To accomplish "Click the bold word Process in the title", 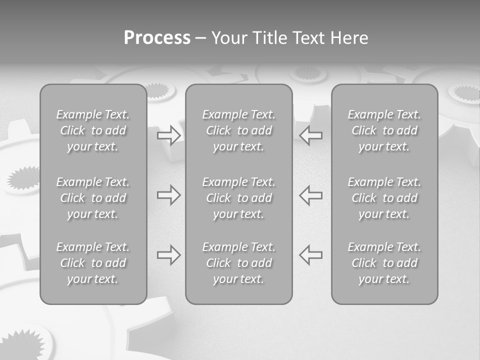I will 157,38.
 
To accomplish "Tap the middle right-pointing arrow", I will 168,195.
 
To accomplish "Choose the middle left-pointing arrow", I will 311,195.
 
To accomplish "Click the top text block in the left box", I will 93,130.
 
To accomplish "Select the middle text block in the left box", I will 93,198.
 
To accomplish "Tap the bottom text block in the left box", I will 93,263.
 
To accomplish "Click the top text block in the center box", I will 239,130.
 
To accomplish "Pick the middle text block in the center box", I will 239,198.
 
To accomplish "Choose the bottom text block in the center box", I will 239,263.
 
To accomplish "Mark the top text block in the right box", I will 384,130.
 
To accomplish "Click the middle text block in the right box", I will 384,198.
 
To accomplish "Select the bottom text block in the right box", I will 384,263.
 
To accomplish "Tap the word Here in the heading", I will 350,38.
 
